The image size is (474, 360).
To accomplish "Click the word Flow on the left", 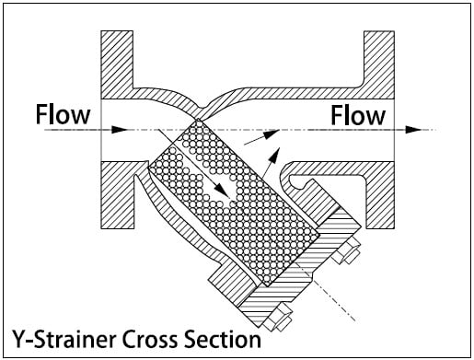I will tap(63, 116).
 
